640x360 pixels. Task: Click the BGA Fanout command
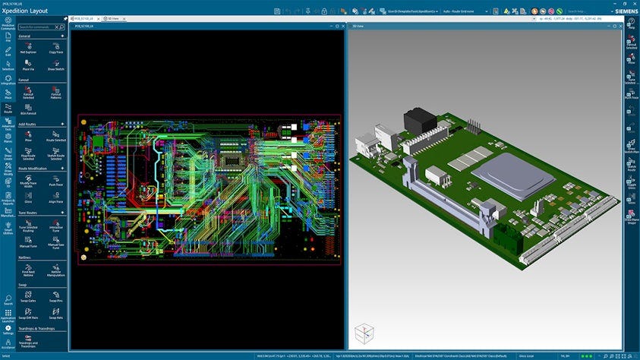(28, 110)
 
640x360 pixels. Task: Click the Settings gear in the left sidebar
(8, 330)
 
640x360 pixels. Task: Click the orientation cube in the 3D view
(365, 332)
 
